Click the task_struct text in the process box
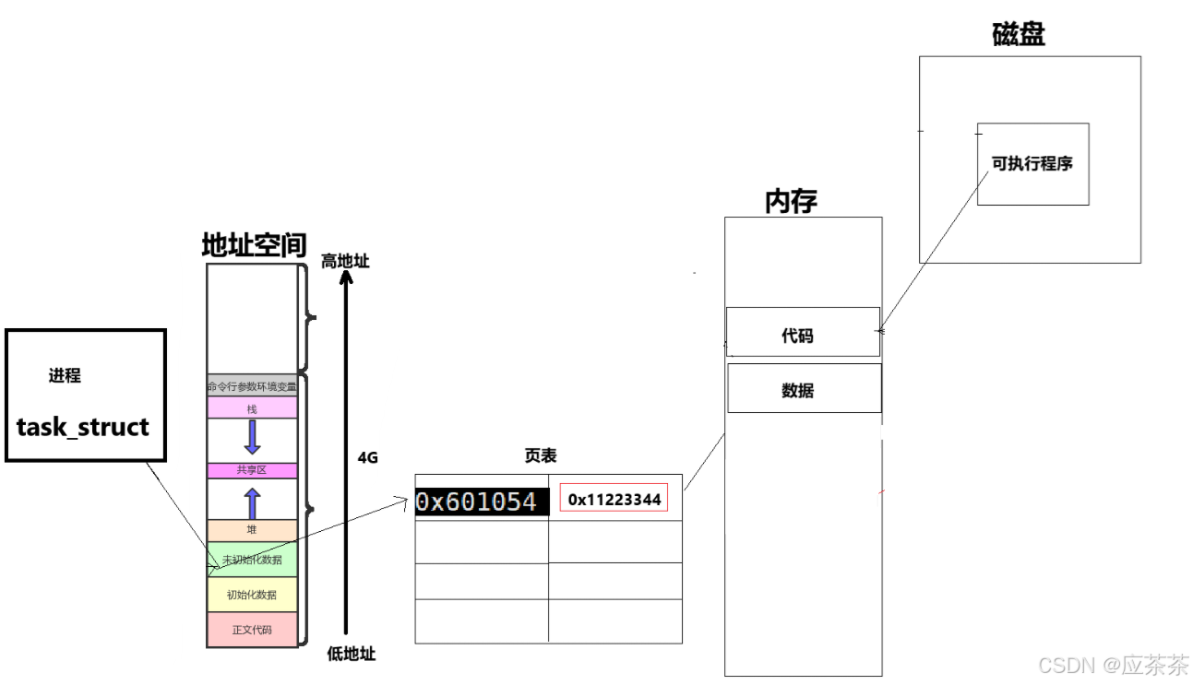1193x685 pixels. coord(83,428)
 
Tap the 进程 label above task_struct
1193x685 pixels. coord(65,376)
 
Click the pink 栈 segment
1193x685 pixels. coord(252,408)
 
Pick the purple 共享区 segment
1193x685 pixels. coord(252,470)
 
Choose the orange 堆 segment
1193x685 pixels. coord(252,530)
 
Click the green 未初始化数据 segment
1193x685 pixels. coord(252,560)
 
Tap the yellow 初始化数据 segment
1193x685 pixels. coord(252,595)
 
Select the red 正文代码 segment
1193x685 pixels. coord(252,630)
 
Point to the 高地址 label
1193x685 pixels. coord(345,262)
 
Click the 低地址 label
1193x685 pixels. coord(352,655)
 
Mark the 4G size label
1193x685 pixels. coord(368,457)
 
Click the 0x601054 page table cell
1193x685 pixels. coord(476,502)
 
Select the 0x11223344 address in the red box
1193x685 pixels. coord(614,500)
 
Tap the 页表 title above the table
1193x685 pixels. coord(541,456)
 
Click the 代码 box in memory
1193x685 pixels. coord(798,336)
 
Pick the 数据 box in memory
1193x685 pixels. coord(798,391)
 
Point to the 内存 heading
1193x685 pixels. coord(791,202)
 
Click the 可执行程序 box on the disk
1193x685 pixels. coord(1032,164)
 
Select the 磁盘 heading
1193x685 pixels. coord(1019,36)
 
